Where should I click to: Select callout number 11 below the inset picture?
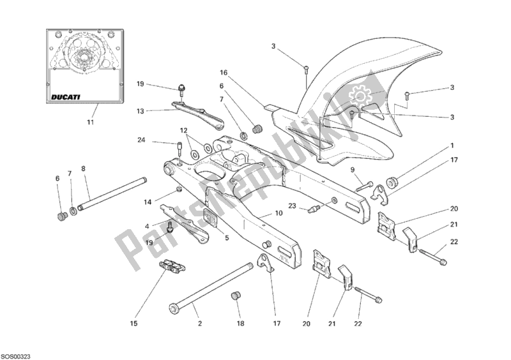[x=89, y=122]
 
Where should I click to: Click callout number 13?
[x=141, y=110]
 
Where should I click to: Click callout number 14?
[x=147, y=202]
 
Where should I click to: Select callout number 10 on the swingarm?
[x=278, y=214]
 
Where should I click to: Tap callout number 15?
[x=133, y=324]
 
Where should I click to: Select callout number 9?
[x=351, y=169]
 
